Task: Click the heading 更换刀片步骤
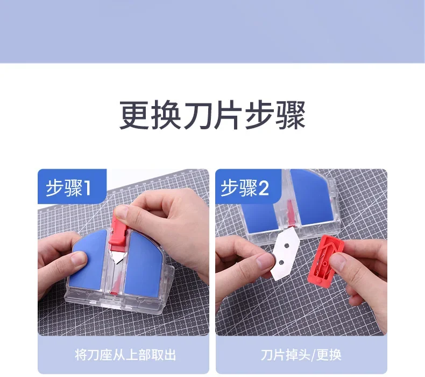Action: point(212,115)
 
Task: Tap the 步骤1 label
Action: point(68,188)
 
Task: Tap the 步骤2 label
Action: point(244,188)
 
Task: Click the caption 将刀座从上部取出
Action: point(125,355)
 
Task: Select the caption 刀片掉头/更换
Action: point(301,355)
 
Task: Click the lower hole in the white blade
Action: point(281,262)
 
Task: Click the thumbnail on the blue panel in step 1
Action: point(79,260)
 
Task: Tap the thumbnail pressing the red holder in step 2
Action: point(336,262)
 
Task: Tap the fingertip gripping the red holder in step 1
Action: point(121,212)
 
